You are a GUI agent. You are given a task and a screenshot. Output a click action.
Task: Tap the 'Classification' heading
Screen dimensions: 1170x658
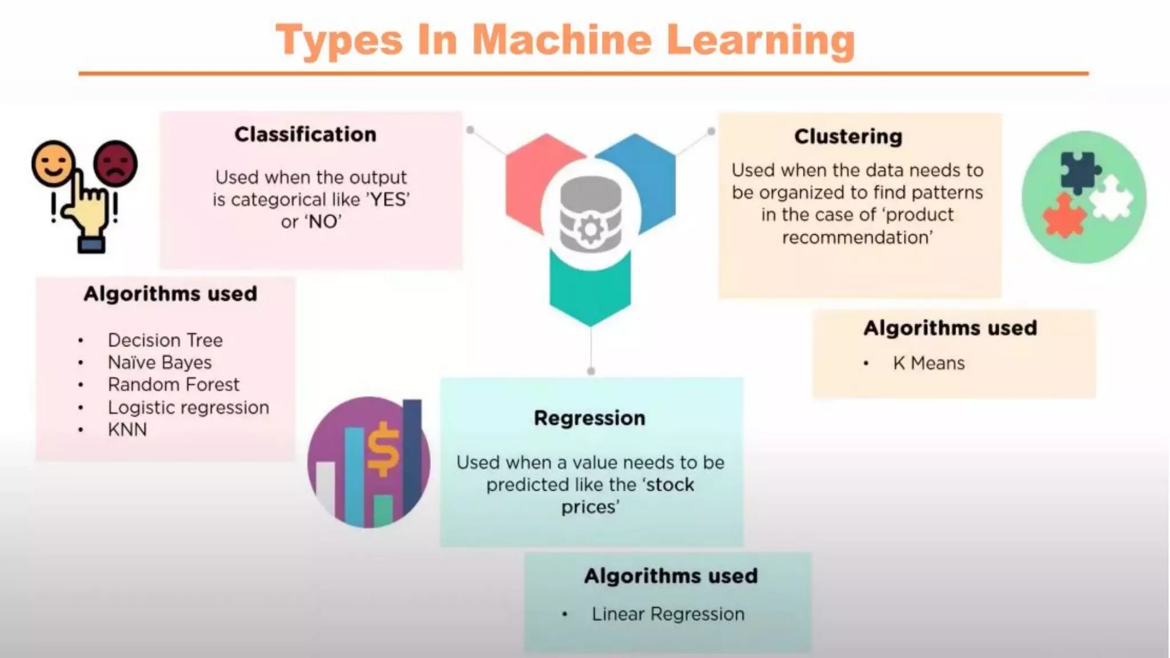305,135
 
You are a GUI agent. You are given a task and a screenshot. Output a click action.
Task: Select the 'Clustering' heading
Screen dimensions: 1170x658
848,137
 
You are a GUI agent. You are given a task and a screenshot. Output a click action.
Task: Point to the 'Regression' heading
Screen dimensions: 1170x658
590,418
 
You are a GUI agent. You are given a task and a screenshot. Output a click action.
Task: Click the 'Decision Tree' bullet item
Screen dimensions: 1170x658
165,340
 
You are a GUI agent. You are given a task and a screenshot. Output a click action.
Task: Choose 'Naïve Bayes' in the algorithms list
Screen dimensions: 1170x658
159,363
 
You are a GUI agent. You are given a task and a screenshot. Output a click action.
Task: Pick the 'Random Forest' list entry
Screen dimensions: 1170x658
173,385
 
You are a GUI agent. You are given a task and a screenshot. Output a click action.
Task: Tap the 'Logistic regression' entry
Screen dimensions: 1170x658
188,408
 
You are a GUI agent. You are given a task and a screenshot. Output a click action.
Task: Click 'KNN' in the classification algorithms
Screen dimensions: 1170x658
127,430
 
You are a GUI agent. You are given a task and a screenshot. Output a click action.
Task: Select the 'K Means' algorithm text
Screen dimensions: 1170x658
928,363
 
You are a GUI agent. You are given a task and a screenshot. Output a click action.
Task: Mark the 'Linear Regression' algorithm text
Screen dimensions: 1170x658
668,614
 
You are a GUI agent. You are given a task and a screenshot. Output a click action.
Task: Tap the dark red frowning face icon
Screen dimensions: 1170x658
115,163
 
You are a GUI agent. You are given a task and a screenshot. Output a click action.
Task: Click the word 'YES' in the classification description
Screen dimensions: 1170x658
390,200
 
